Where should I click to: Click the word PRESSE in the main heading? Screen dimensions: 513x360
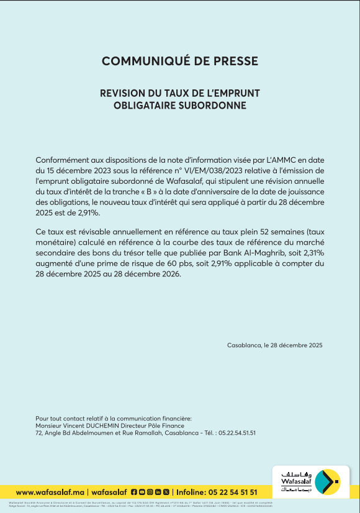[236, 61]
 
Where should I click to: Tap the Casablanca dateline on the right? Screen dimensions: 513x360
[275, 345]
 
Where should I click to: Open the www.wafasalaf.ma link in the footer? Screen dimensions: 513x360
[50, 492]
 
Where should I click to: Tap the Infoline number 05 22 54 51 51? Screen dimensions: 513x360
[228, 492]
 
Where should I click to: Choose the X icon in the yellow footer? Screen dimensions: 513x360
[166, 492]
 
